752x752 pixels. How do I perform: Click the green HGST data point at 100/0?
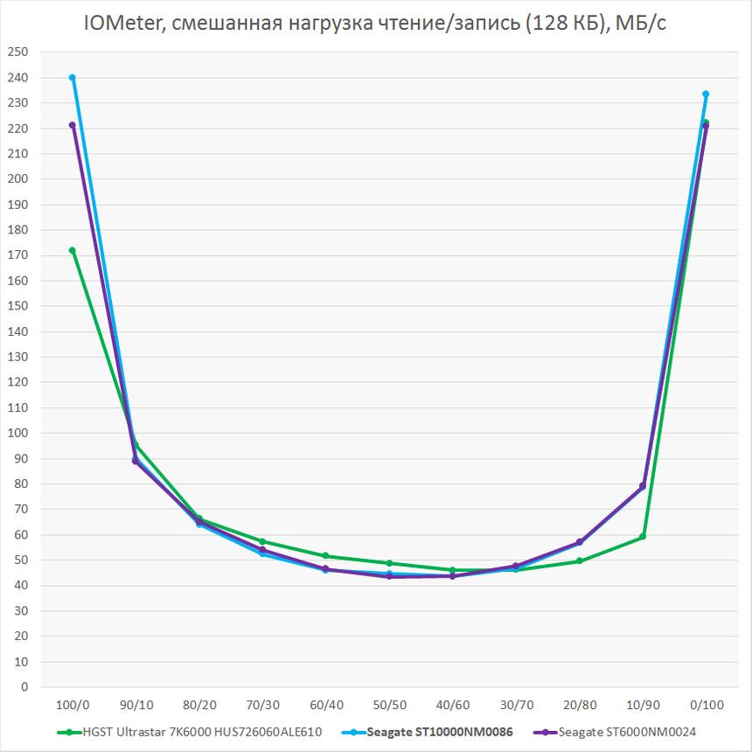tap(72, 250)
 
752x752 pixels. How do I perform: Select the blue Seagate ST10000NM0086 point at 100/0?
tap(72, 78)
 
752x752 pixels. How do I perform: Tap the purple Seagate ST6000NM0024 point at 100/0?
tap(72, 125)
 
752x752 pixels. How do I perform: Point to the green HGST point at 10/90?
tap(643, 537)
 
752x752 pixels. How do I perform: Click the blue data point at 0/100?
tap(706, 94)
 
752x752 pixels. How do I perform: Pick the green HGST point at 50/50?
tap(389, 563)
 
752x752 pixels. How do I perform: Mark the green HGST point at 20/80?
tap(579, 561)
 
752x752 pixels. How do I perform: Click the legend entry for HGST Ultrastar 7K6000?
tap(192, 731)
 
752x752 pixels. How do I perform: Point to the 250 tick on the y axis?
tap(17, 52)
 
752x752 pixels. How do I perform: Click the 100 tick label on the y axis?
tap(17, 433)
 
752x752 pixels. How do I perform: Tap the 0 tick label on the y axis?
tap(24, 687)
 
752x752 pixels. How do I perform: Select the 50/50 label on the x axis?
tap(389, 704)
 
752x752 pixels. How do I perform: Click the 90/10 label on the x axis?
tap(136, 704)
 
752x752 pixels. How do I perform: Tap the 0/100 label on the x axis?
tap(706, 704)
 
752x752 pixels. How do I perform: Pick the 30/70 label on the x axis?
tap(516, 704)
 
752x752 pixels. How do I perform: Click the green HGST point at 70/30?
tap(262, 541)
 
